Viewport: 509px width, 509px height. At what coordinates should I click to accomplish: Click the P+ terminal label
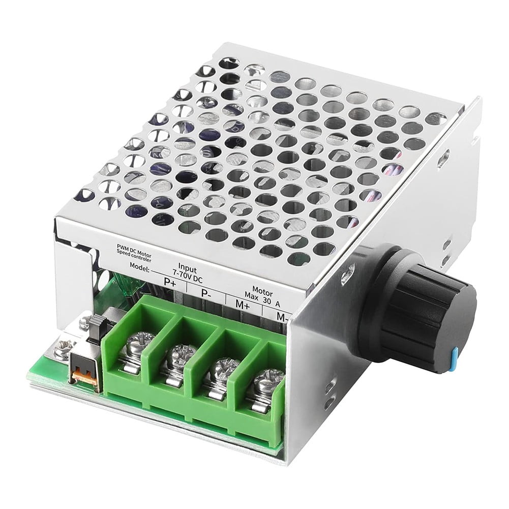170,283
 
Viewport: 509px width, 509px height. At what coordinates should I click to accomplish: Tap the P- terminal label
206,293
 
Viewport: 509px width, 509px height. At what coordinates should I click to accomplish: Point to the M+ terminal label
242,305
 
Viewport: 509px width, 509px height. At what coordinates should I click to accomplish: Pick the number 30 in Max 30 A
266,300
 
